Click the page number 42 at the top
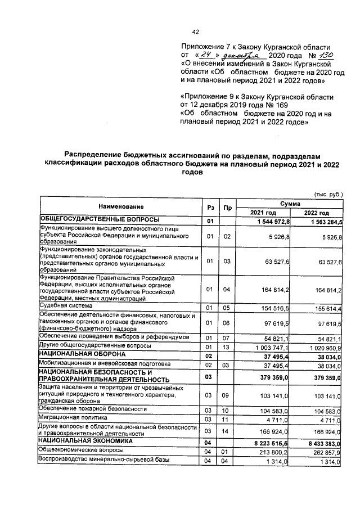tap(195, 31)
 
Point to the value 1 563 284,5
tap(325, 220)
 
